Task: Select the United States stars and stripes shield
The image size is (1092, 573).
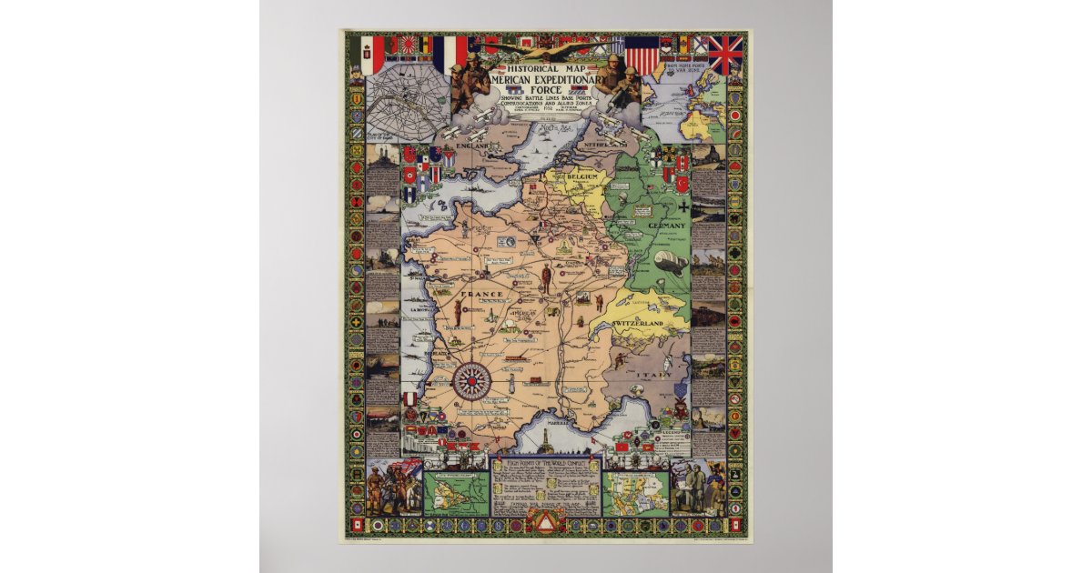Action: [x=641, y=55]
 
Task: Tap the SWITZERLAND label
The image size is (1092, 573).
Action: [x=637, y=324]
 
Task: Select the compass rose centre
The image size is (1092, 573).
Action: [x=472, y=381]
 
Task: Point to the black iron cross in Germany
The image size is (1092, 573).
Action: [x=683, y=206]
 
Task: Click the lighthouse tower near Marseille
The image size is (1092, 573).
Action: [x=544, y=440]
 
